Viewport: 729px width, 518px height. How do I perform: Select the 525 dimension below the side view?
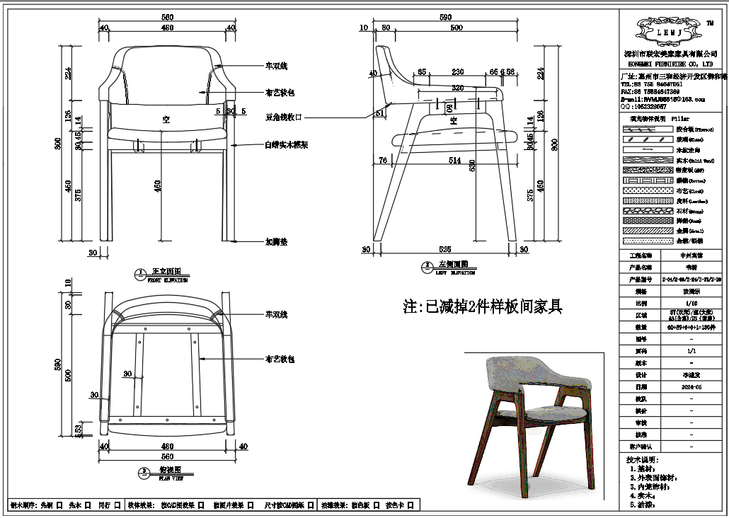click(x=445, y=249)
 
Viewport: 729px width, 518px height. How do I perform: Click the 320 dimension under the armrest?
click(x=458, y=88)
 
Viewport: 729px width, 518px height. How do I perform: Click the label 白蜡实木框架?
click(x=285, y=144)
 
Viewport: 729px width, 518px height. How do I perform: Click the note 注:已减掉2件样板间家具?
click(x=483, y=306)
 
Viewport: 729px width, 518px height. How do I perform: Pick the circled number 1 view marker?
click(x=140, y=272)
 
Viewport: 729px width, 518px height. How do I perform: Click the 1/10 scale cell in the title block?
click(x=690, y=302)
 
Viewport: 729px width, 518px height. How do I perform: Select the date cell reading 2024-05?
click(x=690, y=387)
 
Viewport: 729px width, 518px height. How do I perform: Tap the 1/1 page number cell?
click(x=690, y=350)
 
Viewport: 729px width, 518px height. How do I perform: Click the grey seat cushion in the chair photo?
click(x=549, y=411)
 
